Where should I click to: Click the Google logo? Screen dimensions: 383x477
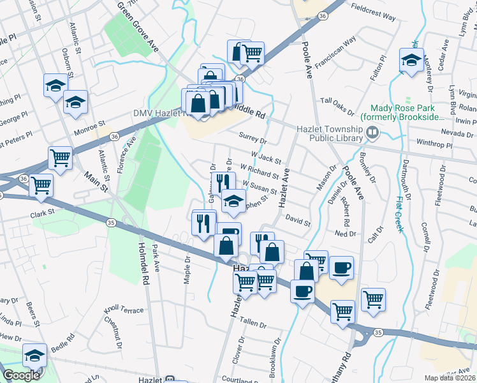[x=21, y=375]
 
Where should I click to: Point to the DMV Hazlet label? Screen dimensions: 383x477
[x=157, y=113]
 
